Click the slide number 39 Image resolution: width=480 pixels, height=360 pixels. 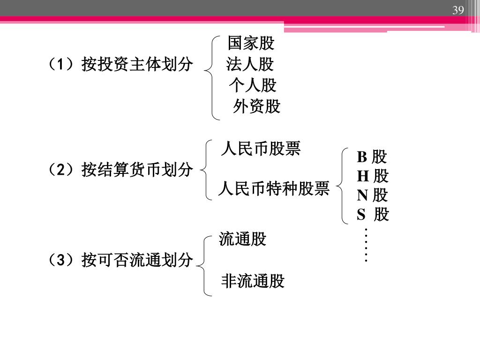pos(458,11)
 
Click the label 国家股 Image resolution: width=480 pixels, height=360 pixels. pos(251,44)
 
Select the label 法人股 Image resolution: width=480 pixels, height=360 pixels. pos(250,64)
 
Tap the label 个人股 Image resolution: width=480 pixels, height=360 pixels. pos(253,85)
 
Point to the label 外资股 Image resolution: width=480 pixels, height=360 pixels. pos(256,107)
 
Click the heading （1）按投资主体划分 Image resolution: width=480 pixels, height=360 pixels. pos(118,64)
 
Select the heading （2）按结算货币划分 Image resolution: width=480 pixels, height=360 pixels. pos(118,170)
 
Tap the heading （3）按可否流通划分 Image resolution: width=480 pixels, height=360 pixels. pos(118,259)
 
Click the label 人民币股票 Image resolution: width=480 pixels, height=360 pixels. pos(261,149)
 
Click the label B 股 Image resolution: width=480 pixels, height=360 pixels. pos(372,157)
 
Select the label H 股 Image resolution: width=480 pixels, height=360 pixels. pos(373,176)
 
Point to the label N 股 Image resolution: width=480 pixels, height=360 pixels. pos(373,195)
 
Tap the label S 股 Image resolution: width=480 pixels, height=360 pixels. pos(373,215)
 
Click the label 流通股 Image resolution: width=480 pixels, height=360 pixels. pos(242,240)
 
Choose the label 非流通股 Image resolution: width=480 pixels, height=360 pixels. pos(253,281)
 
